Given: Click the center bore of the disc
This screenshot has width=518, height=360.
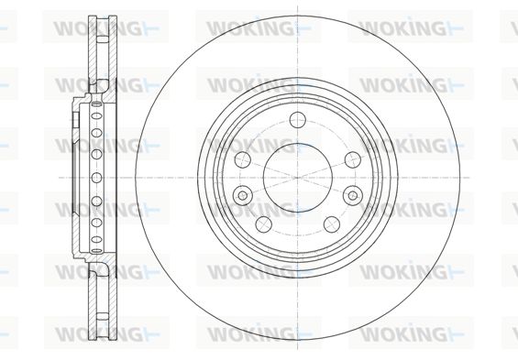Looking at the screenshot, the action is [298, 178].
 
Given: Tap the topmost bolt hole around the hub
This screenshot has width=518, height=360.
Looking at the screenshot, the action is [298, 119].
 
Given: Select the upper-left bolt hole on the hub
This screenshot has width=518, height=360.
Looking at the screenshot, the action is [242, 159].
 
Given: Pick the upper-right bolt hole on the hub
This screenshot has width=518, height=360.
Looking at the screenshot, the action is [353, 159].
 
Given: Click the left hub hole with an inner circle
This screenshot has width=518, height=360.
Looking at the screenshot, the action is [242, 195].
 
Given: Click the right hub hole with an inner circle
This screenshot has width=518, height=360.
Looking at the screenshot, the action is [353, 195].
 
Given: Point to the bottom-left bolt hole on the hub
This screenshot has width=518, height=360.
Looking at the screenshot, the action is [264, 224].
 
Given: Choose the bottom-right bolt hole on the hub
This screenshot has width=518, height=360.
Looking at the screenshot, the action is [332, 224].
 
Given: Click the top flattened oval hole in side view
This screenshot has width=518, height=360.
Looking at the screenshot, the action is [96, 104].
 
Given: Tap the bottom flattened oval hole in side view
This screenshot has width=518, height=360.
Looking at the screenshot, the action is [96, 251].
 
